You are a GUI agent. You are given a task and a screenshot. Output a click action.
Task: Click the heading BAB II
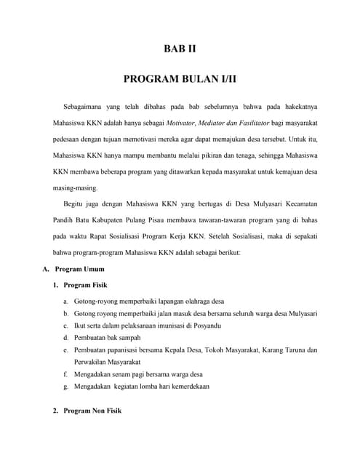pyautogui.click(x=180, y=50)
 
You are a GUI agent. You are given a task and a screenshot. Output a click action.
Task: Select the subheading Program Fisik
pyautogui.click(x=85, y=286)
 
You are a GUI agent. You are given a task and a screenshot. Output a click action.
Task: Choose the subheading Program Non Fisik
pyautogui.click(x=92, y=411)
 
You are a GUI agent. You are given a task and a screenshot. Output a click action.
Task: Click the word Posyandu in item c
pyautogui.click(x=206, y=325)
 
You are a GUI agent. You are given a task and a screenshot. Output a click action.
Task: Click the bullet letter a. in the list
pyautogui.click(x=65, y=301)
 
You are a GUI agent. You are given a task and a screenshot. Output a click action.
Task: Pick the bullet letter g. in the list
pyautogui.click(x=65, y=387)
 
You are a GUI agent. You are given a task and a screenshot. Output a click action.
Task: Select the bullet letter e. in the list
pyautogui.click(x=65, y=350)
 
